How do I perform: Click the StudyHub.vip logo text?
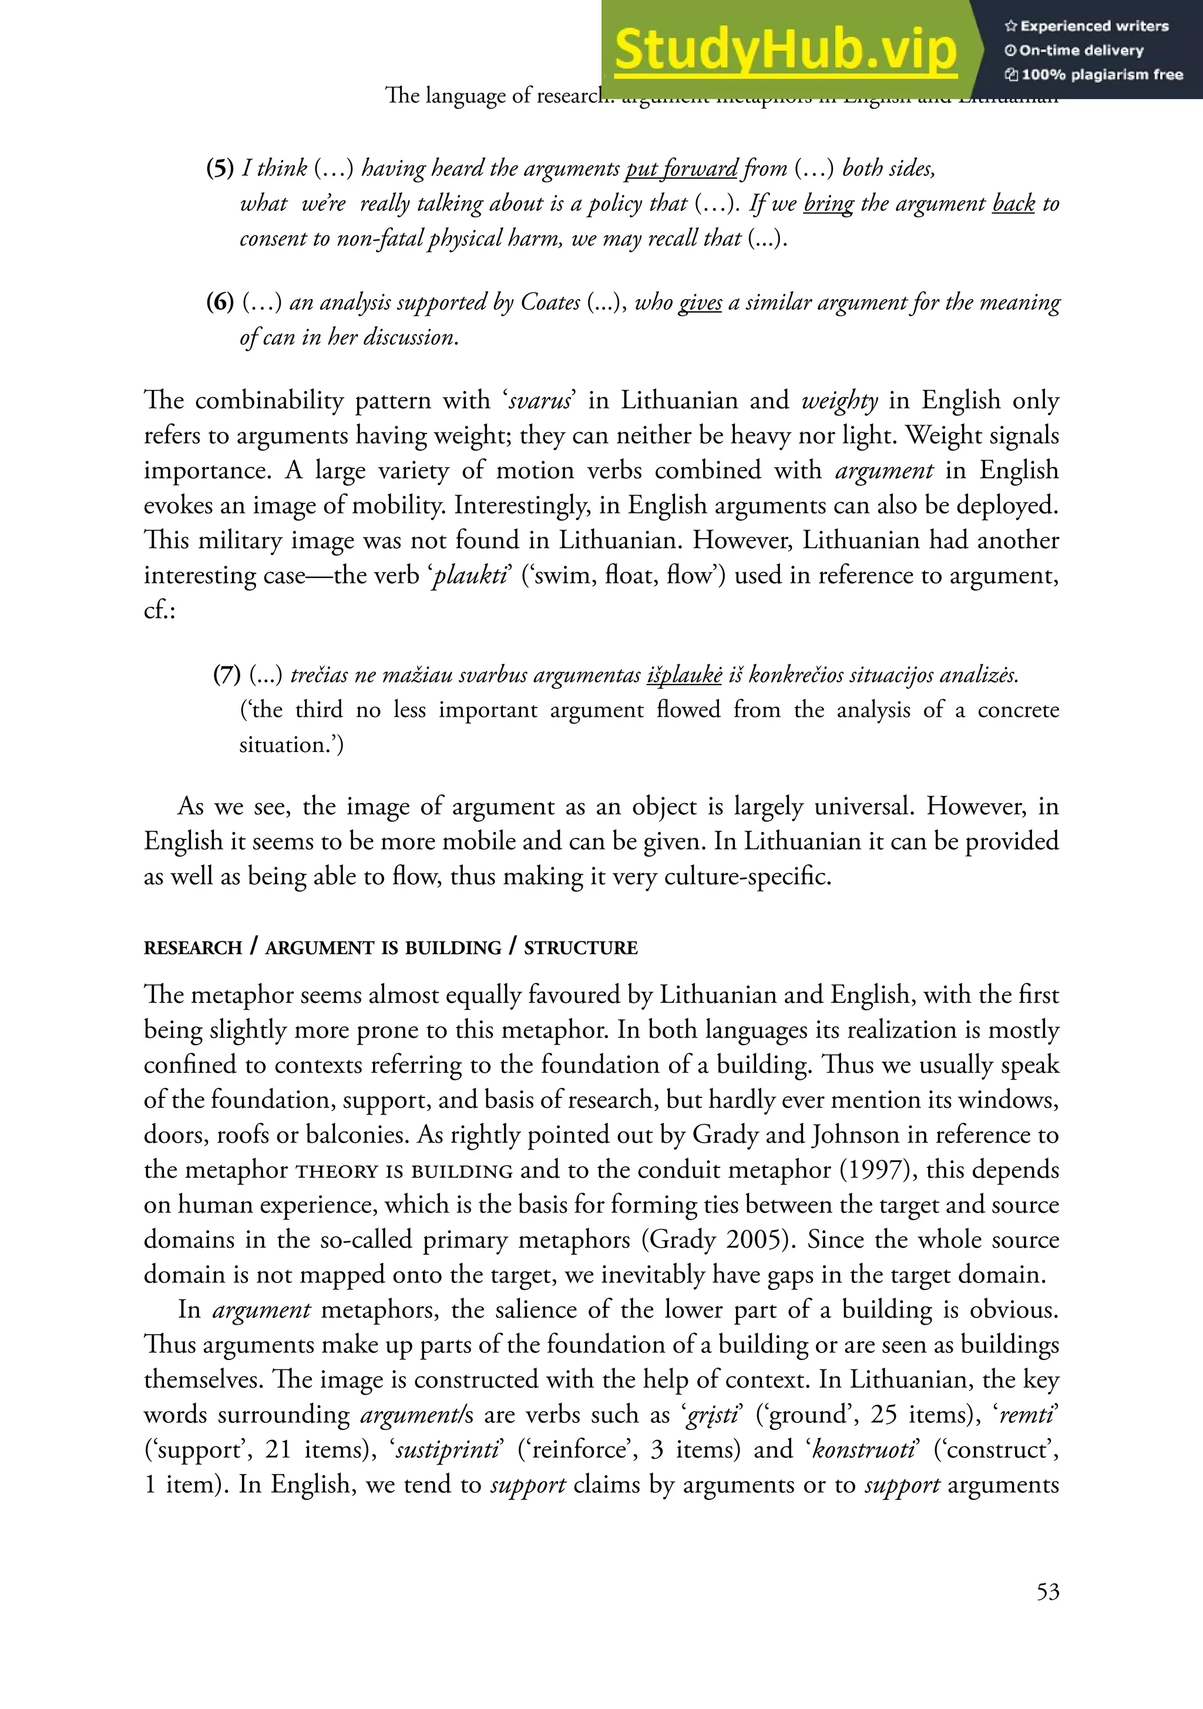(x=785, y=49)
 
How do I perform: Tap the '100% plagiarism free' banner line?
(x=1094, y=75)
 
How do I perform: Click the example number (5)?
(x=220, y=168)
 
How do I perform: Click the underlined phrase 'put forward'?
(x=681, y=168)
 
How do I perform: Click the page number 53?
(x=1047, y=1592)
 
